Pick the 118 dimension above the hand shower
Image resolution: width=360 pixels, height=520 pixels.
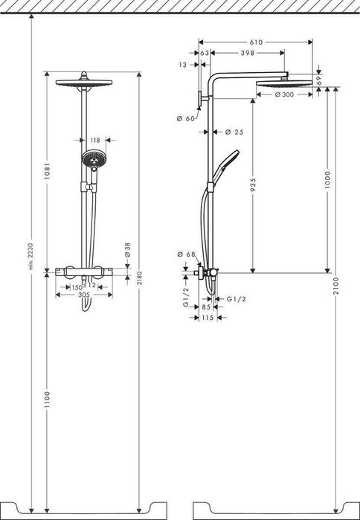point(94,139)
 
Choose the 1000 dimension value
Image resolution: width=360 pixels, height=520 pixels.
point(328,182)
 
